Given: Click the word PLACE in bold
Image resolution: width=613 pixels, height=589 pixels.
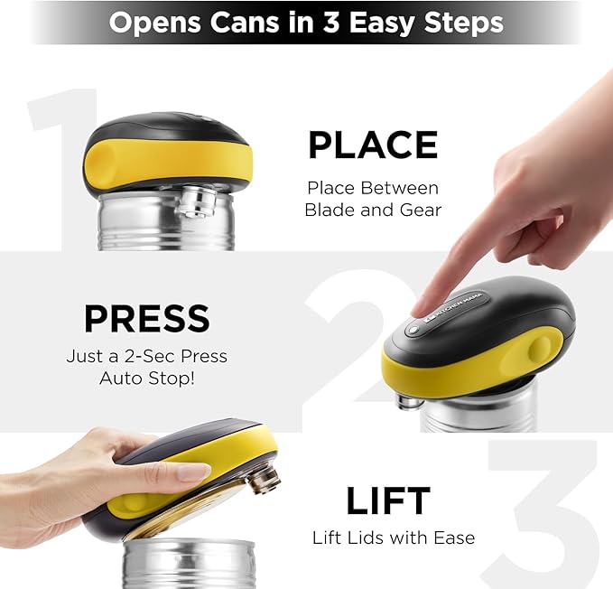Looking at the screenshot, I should (x=372, y=145).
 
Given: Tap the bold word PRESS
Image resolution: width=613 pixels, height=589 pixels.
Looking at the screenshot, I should (x=146, y=319).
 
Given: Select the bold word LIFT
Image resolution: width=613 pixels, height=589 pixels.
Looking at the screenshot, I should (x=388, y=500).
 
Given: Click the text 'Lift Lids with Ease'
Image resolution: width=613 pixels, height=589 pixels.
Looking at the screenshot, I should (x=393, y=538).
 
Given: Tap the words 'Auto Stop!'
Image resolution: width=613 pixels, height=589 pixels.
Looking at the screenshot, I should (x=146, y=377).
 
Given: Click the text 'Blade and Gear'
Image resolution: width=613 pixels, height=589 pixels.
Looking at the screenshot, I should (x=372, y=210).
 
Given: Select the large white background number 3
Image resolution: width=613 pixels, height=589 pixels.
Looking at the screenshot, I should (x=542, y=515).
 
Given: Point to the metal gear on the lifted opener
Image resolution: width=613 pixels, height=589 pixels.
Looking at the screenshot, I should (x=263, y=476).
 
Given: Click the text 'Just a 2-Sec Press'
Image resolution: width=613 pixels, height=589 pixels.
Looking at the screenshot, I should (x=146, y=356).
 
